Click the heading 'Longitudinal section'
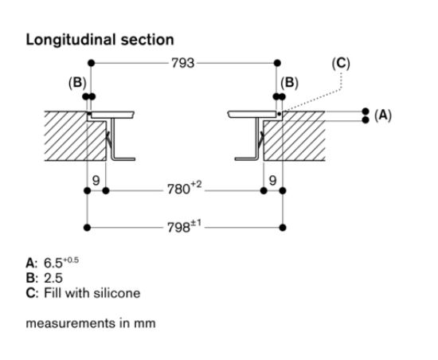click(x=100, y=39)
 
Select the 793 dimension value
click(x=184, y=62)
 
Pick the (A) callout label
click(x=383, y=115)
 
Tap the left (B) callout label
click(x=79, y=82)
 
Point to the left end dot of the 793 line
click(x=91, y=62)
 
